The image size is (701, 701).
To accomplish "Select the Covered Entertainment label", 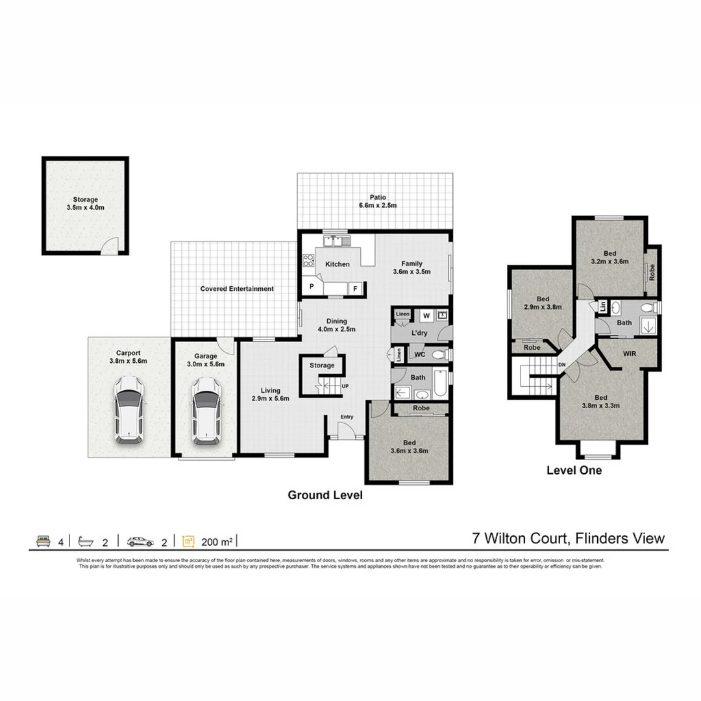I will click(237, 289).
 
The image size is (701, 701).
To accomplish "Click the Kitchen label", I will click(338, 264).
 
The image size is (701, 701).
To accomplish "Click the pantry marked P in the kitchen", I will click(312, 286).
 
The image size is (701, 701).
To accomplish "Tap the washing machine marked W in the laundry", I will click(426, 316).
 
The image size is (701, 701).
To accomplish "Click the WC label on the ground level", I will click(419, 355).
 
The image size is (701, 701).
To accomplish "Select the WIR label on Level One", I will click(628, 354).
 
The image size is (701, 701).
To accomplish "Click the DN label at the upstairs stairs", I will click(562, 365).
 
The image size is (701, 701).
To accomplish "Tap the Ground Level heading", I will click(325, 495).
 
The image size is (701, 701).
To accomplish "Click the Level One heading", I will click(574, 471).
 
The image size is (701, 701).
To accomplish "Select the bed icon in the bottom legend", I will click(42, 540).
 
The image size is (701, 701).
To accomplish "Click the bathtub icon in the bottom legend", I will click(87, 540).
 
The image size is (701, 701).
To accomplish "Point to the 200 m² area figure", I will click(217, 540).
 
